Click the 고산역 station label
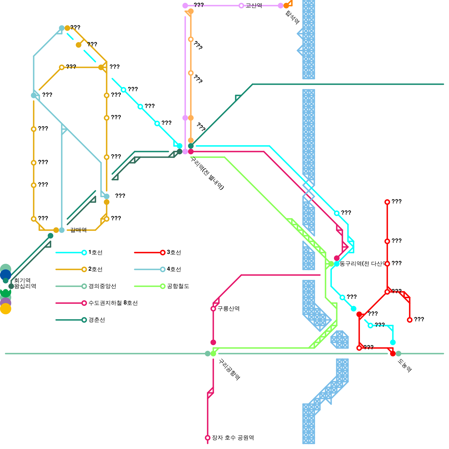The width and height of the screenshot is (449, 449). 254,6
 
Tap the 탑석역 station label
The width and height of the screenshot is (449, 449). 292,17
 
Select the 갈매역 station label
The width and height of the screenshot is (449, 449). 78,230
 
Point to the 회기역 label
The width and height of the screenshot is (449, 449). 22,280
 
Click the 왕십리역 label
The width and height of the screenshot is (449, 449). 25,286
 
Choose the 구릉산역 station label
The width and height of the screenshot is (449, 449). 228,309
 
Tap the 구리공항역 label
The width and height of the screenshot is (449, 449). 229,369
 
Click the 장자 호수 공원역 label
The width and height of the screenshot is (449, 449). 233,438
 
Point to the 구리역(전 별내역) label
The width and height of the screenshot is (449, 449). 207,173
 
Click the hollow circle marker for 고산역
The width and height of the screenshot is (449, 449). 241,6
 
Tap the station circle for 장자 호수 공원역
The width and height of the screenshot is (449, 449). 208,438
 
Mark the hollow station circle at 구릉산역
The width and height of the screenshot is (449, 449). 213,309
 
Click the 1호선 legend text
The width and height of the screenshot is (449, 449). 95,252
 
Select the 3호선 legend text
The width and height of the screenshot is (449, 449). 174,252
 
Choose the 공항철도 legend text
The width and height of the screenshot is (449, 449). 178,286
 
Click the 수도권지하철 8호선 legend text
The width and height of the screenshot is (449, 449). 113,303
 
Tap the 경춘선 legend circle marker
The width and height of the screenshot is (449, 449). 84,320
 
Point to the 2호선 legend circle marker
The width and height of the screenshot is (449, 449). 84,269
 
